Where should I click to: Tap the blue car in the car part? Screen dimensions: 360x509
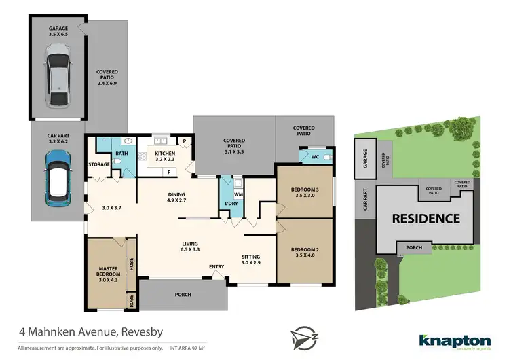(59, 179)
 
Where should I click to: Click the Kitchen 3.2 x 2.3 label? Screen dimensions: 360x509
(165, 157)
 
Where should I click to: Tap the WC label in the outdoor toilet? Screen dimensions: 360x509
(315, 157)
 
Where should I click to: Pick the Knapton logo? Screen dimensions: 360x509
(455, 341)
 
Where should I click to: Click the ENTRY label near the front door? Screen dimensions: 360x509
(216, 266)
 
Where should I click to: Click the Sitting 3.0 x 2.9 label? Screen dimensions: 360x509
(250, 259)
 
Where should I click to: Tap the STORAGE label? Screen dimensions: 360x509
(99, 164)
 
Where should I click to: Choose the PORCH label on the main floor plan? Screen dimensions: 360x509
(182, 295)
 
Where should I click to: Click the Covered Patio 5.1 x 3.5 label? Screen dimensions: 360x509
(233, 144)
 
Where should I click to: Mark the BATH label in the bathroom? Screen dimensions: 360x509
(121, 154)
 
